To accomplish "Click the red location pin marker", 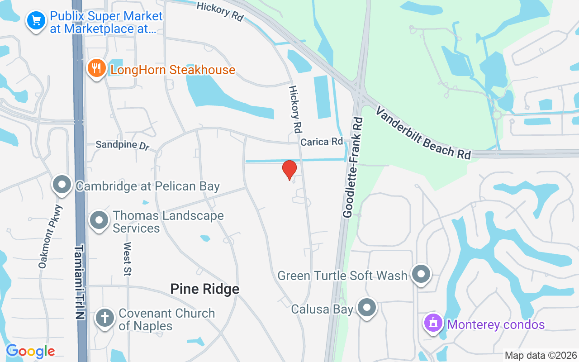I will coord(289,170).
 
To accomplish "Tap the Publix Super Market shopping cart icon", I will coord(36,20).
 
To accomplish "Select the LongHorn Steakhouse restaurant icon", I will coord(96,68).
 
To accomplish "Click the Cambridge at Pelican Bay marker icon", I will coord(62,185).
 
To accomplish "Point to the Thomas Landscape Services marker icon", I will coord(100,220).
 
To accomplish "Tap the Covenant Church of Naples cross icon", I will coord(105,318).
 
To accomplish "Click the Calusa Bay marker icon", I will coord(367,308).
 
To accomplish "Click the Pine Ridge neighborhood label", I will coord(204,289).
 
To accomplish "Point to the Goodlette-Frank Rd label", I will coord(353,167).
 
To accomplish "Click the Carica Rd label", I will coord(322,142).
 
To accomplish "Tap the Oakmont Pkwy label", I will coord(50,237).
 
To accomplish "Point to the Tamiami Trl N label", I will coord(80,282).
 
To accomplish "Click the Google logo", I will coord(30,351).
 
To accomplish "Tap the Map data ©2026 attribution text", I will coord(541,355).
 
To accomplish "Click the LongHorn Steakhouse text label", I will coord(173,70).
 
